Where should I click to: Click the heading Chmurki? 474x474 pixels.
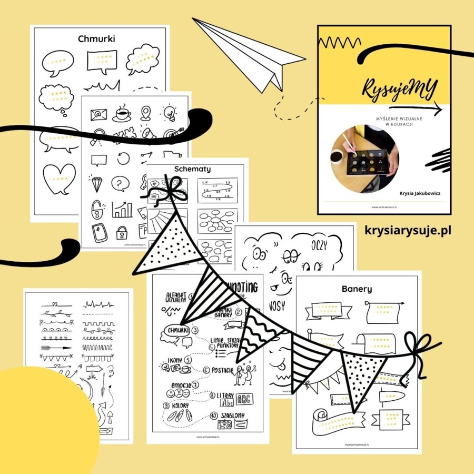pyautogui.click(x=96, y=39)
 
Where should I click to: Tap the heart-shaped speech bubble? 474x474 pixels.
pyautogui.click(x=58, y=178)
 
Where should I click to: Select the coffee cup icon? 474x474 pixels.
pyautogui.click(x=122, y=112)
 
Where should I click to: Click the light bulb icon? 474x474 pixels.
pyautogui.click(x=169, y=112)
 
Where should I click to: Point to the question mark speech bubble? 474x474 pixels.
pyautogui.click(x=121, y=183)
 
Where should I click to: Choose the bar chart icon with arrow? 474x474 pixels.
pyautogui.click(x=122, y=210)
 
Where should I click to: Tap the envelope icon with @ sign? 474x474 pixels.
pyautogui.click(x=98, y=114)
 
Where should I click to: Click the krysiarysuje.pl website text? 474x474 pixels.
pyautogui.click(x=408, y=230)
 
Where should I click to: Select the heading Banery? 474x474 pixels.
pyautogui.click(x=357, y=289)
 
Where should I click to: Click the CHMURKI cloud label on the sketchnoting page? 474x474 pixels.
pyautogui.click(x=174, y=330)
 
